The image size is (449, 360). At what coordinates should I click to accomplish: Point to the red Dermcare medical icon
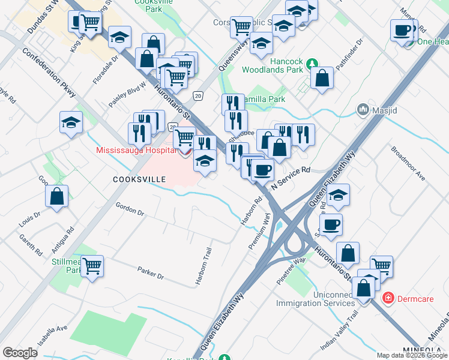point(388,298)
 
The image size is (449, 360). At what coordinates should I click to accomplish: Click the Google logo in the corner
point(20,353)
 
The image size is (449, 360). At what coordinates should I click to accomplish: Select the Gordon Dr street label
point(130,209)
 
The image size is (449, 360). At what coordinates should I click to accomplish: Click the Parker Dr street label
point(150,273)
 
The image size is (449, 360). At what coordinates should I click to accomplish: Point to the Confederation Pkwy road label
point(49,71)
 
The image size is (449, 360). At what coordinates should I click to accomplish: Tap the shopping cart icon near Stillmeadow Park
point(92,265)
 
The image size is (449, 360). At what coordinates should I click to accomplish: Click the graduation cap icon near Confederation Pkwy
point(71,122)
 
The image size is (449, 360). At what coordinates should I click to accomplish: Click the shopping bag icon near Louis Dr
point(56,196)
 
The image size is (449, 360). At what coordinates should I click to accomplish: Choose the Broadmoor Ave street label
point(408,162)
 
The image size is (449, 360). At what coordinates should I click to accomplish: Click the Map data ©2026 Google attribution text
point(411,355)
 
